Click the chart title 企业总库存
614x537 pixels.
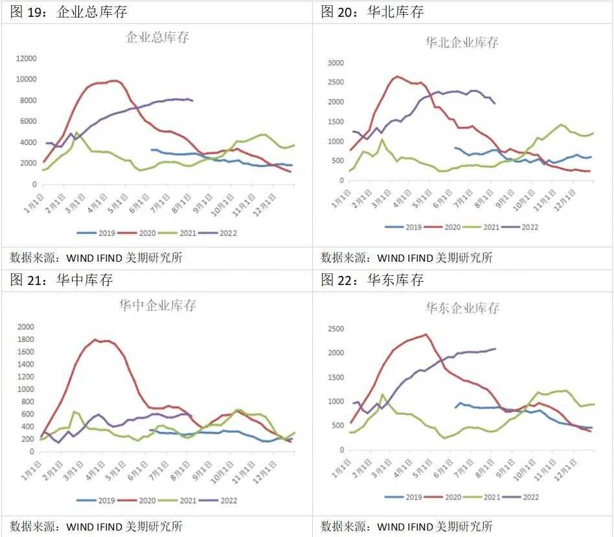point(157,38)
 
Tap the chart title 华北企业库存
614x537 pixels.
point(462,43)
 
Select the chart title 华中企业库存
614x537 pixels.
point(157,305)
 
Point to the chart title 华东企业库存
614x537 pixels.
point(462,308)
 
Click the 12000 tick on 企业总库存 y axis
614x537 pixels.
point(26,58)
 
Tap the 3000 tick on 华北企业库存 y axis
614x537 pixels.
point(335,63)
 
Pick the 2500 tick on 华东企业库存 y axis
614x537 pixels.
point(335,329)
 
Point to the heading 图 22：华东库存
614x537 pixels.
point(372,280)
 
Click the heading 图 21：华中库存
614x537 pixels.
point(62,280)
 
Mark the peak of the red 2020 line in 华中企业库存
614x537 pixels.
point(96,339)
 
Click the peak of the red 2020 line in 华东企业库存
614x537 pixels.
point(426,334)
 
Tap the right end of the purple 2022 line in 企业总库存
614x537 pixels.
point(192,100)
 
